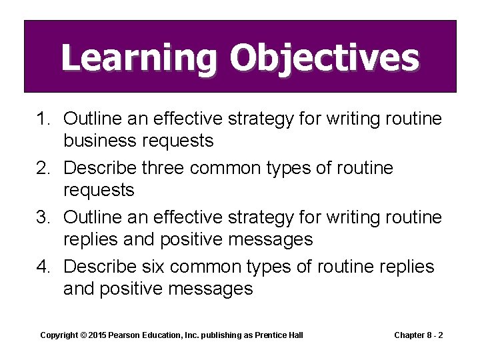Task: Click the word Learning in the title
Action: click(x=139, y=58)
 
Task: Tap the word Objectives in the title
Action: click(x=324, y=58)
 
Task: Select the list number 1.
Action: click(x=43, y=119)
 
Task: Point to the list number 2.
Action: click(x=43, y=168)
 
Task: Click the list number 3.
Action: click(x=43, y=217)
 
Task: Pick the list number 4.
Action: click(x=43, y=267)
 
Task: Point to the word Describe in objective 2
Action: click(x=104, y=168)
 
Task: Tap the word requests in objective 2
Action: click(x=99, y=190)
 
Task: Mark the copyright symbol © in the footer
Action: click(x=84, y=335)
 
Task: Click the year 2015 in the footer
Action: click(x=98, y=335)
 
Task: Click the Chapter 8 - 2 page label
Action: click(x=419, y=335)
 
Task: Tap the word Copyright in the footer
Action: click(x=59, y=335)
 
